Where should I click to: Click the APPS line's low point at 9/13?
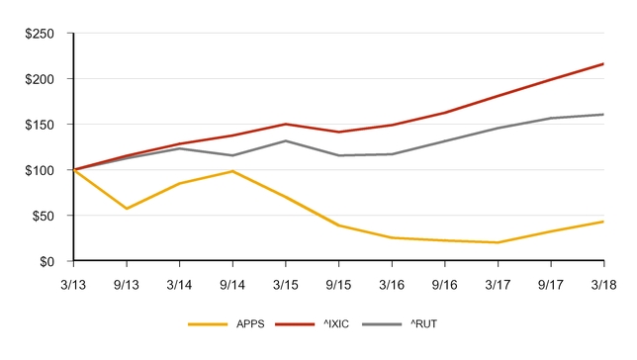click(x=127, y=209)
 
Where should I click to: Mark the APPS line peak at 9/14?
click(x=232, y=171)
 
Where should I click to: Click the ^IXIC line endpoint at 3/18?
click(x=603, y=64)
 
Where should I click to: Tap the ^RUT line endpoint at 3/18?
click(x=603, y=115)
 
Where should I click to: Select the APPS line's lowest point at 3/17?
click(x=498, y=242)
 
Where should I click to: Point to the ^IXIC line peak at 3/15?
click(x=286, y=125)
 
